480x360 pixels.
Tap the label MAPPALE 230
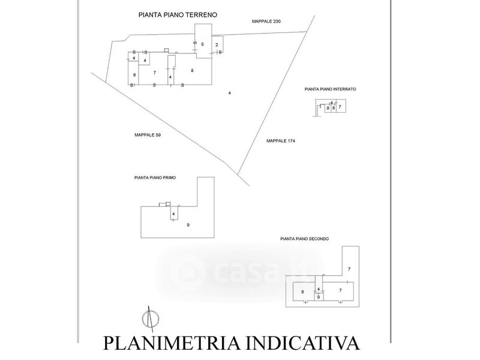(266, 22)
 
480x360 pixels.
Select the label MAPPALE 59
(148, 135)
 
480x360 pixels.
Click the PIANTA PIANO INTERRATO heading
(331, 89)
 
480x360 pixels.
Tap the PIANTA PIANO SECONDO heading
(308, 238)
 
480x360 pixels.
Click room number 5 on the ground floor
(202, 44)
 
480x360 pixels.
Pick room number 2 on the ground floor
(217, 45)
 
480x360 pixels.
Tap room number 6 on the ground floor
(134, 74)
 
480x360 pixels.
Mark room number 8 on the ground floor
(192, 71)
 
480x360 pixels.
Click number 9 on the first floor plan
(188, 224)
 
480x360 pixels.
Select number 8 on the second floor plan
(302, 291)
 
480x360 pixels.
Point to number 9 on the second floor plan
(319, 296)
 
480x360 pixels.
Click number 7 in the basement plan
(340, 107)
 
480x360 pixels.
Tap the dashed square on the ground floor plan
(168, 51)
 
